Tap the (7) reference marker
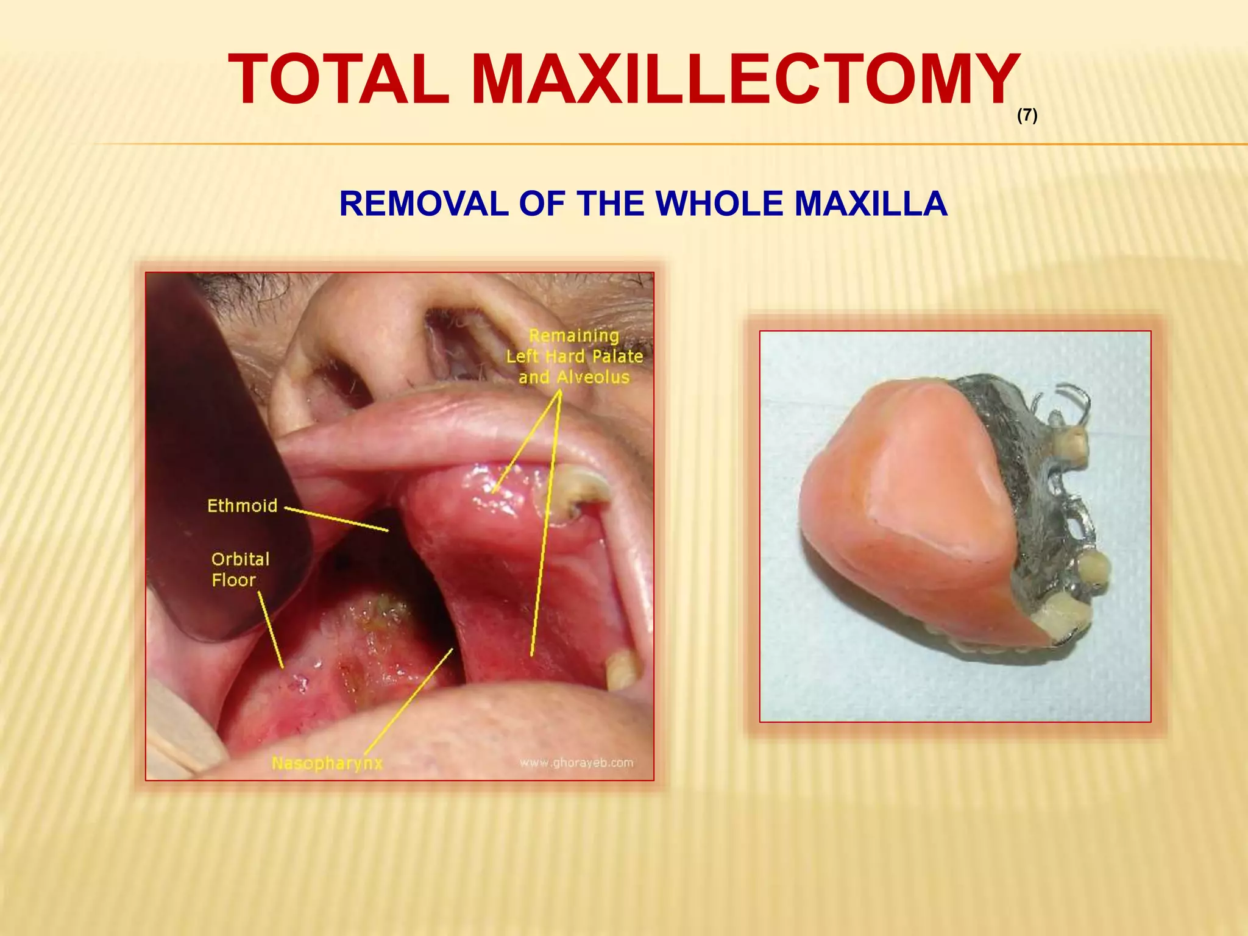1027,115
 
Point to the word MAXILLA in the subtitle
871,204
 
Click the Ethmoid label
242,506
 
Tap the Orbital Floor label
239,569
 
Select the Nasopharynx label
327,763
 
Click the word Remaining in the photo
573,336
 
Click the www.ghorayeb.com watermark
576,762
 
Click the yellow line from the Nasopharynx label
408,701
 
